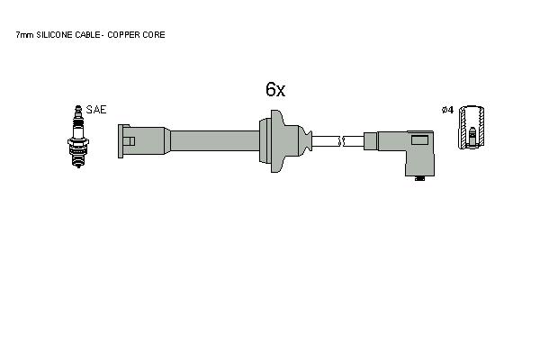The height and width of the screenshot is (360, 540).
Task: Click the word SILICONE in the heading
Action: point(54,35)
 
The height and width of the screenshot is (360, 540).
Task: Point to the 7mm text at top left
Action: point(25,35)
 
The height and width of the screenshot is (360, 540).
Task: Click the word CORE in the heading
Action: point(157,35)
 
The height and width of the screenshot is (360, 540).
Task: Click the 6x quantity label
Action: point(275,90)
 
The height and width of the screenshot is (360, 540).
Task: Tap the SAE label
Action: point(96,110)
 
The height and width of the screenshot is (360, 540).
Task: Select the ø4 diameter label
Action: point(447,110)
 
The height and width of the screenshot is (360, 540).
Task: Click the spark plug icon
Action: point(78,137)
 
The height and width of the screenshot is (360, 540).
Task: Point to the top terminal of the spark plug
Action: point(78,110)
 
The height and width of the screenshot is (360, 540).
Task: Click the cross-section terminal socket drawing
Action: point(472,128)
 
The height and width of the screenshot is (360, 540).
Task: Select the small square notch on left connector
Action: point(129,141)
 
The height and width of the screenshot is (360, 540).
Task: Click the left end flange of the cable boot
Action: point(121,141)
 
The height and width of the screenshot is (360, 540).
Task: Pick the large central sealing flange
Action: point(276,141)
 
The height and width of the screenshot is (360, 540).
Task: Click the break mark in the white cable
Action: point(342,141)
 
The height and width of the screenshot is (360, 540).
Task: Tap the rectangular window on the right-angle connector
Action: point(419,139)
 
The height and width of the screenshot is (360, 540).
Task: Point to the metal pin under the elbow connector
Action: point(419,178)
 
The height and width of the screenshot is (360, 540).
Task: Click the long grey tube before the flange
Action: point(215,140)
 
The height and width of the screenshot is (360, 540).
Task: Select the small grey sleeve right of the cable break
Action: point(371,141)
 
